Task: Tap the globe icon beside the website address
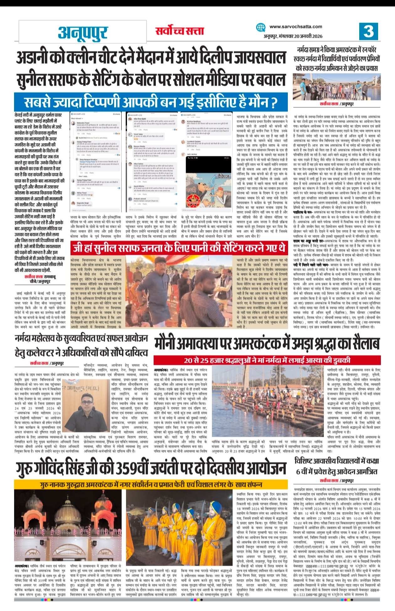[x=261, y=28]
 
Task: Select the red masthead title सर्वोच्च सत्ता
[x=180, y=31]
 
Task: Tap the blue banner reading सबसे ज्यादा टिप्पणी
[x=151, y=102]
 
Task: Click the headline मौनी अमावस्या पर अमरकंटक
[x=267, y=344]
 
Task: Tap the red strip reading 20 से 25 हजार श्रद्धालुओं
[x=267, y=360]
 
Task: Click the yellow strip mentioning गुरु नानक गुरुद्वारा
[x=151, y=484]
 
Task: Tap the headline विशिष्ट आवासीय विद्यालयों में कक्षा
[x=337, y=466]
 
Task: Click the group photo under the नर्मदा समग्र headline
[x=336, y=86]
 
